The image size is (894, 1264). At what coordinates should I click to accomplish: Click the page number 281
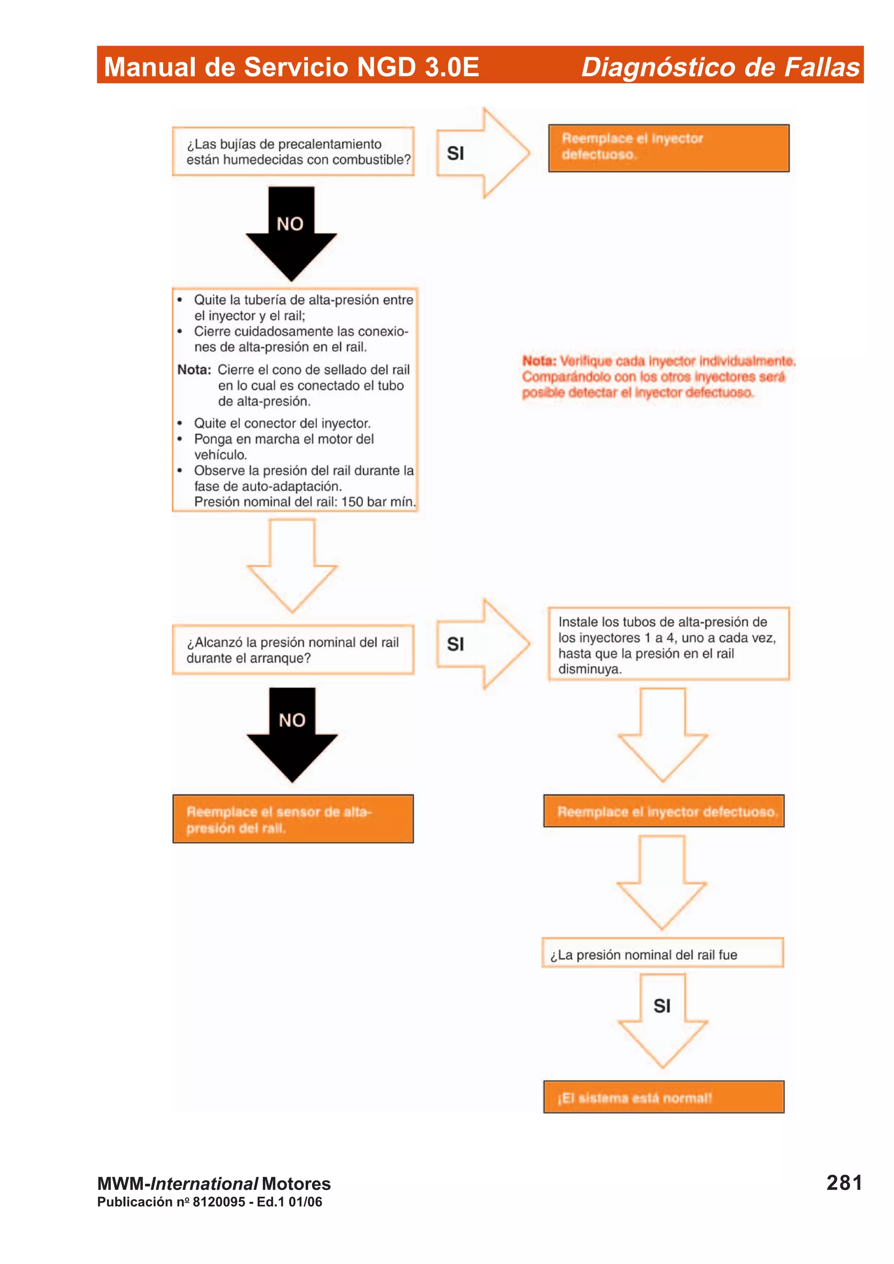pyautogui.click(x=843, y=1182)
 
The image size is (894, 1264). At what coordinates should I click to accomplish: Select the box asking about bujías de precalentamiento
pyautogui.click(x=293, y=152)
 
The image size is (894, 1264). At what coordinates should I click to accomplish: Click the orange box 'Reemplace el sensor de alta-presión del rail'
pyautogui.click(x=293, y=819)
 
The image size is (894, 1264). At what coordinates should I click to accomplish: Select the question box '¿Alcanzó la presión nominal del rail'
pyautogui.click(x=293, y=649)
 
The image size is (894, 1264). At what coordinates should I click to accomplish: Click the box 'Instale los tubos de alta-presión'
pyautogui.click(x=668, y=645)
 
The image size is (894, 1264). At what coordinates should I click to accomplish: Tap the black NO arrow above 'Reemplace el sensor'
pyautogui.click(x=292, y=732)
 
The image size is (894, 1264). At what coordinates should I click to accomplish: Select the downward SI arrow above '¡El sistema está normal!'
pyautogui.click(x=662, y=1018)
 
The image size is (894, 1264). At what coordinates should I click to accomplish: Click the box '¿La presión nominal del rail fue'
pyautogui.click(x=662, y=954)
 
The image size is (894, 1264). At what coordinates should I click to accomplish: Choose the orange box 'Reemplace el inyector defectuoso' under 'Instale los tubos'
pyautogui.click(x=664, y=811)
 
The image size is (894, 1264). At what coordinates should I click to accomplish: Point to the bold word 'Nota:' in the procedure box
pyautogui.click(x=194, y=369)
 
